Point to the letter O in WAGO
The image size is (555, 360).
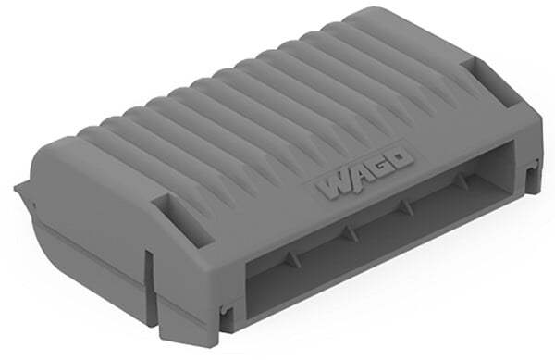(x=401, y=159)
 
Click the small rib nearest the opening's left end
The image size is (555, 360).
(x=292, y=257)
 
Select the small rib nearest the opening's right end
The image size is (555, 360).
(x=462, y=180)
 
